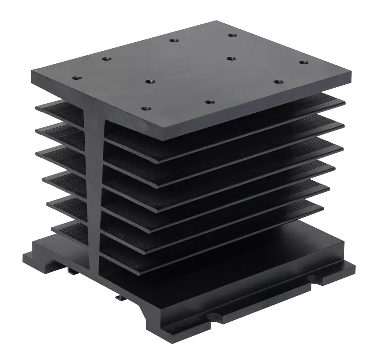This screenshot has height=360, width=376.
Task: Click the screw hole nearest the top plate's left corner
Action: [75, 78]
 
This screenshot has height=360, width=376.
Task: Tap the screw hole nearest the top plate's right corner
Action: [304, 62]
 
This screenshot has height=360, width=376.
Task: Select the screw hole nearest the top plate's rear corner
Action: [232, 35]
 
